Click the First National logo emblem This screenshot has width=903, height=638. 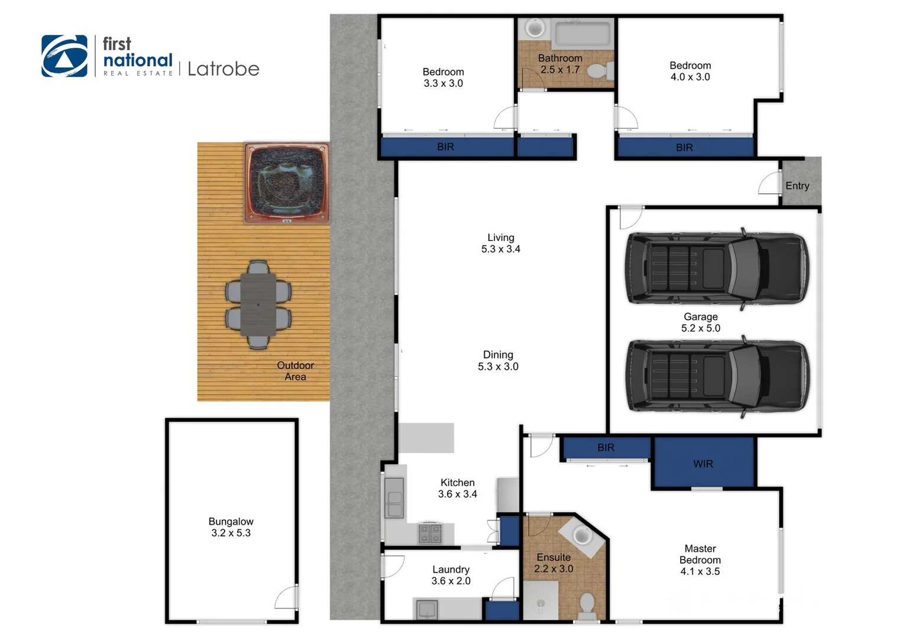64,56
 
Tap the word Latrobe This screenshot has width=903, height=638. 223,69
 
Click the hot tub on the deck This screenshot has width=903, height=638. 287,183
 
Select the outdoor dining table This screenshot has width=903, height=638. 258,305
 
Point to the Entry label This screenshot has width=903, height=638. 797,185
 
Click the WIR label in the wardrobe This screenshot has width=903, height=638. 703,464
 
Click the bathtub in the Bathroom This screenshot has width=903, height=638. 582,34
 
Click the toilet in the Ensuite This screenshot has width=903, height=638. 586,604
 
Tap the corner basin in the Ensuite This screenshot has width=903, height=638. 582,536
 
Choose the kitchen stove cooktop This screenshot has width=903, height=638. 430,533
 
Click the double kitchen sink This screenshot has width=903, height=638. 394,497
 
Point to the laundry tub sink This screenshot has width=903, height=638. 426,608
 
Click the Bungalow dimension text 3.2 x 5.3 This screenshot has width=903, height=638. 231,533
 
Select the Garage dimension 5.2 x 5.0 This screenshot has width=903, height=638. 700,328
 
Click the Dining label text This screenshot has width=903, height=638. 498,354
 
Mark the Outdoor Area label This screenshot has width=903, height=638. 295,371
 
